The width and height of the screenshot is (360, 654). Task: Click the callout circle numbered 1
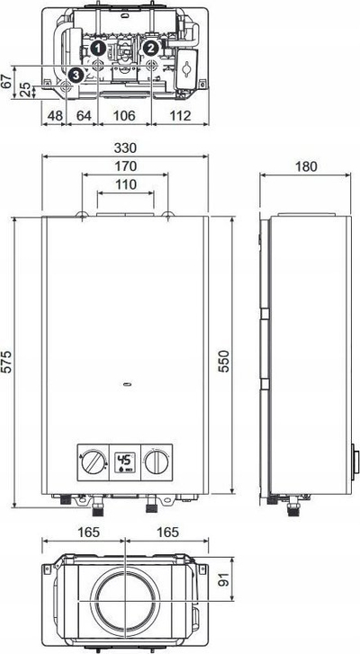tap(97, 49)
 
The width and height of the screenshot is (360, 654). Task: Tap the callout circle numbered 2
tap(150, 49)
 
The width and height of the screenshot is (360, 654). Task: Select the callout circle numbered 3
tap(75, 75)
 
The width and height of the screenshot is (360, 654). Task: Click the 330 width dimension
tap(125, 148)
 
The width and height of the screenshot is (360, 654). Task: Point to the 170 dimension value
tap(126, 166)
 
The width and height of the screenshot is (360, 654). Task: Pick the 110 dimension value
tap(126, 184)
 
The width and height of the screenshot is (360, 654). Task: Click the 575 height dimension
tap(7, 362)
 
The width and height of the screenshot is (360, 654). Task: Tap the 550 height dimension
tap(225, 362)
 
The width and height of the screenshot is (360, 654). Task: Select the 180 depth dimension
tap(306, 166)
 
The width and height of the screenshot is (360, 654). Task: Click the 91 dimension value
tap(225, 578)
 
